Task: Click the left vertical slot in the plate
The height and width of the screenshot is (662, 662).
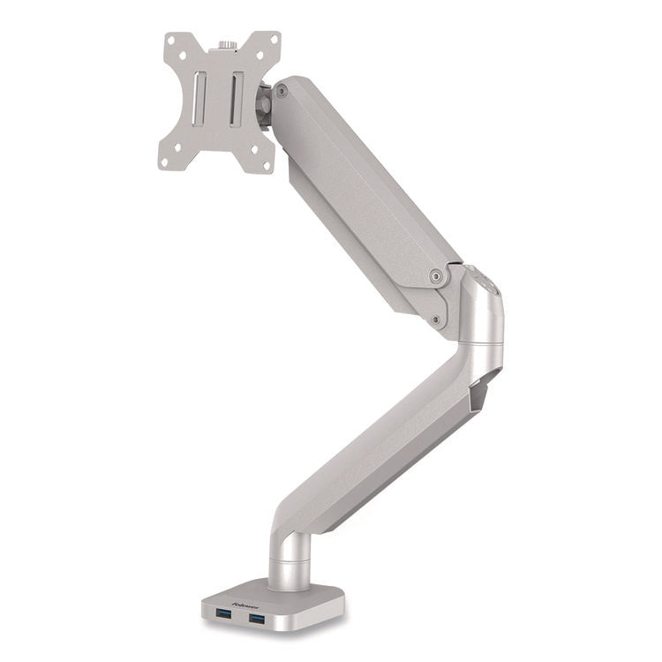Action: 202,96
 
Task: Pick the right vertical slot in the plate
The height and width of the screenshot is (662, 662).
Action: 237,98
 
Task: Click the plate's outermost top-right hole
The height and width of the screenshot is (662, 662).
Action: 273,41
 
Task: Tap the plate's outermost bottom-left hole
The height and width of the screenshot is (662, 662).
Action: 165,162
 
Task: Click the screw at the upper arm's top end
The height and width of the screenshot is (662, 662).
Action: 281,91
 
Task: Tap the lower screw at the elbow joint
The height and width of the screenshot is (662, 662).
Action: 437,320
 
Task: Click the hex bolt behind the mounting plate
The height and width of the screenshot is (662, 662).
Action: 262,105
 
